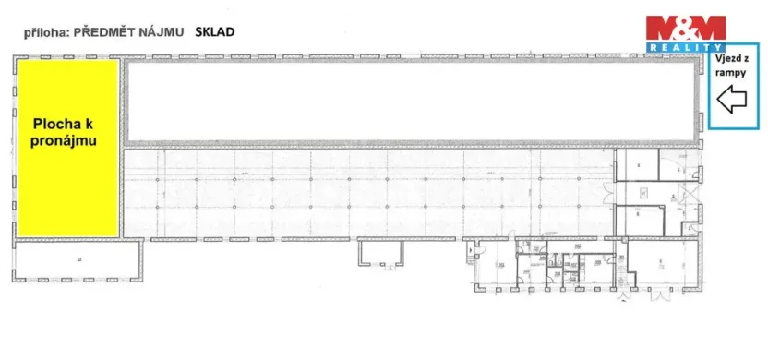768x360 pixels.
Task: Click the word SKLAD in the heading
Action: pyautogui.click(x=214, y=31)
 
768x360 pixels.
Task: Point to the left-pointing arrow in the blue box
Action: pyautogui.click(x=732, y=98)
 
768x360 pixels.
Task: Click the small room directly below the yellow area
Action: pyautogui.click(x=78, y=260)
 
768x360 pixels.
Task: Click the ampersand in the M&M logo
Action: pyautogui.click(x=685, y=26)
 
